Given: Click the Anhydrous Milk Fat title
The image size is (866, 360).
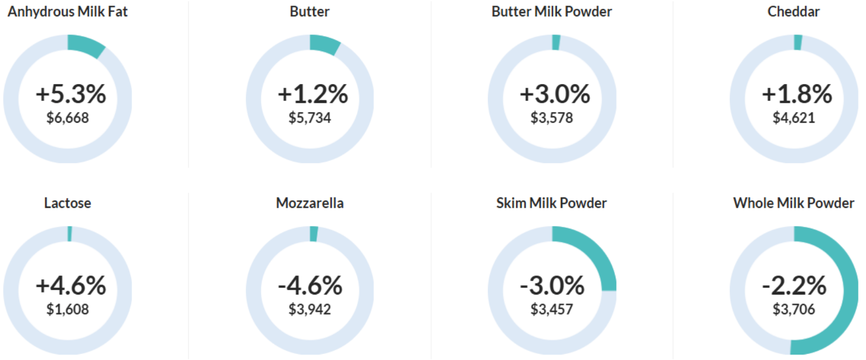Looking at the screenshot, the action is click(x=68, y=12).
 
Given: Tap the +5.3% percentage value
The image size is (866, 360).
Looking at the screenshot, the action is click(x=71, y=94).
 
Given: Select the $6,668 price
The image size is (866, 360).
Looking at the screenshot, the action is click(x=68, y=117).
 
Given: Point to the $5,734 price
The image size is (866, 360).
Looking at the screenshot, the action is click(x=309, y=117).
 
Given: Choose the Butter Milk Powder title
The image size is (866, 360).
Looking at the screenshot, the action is click(x=552, y=11).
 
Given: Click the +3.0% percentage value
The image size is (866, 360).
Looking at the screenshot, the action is click(x=555, y=94).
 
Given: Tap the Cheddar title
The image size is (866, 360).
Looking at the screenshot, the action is click(x=793, y=11).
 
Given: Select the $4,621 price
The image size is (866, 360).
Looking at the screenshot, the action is click(x=794, y=117).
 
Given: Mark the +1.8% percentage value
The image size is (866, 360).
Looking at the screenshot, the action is click(x=797, y=94).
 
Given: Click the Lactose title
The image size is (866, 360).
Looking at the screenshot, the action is click(x=68, y=203).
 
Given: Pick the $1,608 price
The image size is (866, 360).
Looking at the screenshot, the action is click(x=68, y=309).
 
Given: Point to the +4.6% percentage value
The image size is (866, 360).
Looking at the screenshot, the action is click(x=71, y=285).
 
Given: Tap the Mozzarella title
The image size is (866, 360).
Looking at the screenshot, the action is click(x=309, y=203).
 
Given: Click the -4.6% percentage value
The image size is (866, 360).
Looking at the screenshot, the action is click(x=310, y=285).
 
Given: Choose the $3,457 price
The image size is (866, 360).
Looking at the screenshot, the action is click(x=552, y=309).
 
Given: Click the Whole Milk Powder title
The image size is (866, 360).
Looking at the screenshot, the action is click(x=794, y=203).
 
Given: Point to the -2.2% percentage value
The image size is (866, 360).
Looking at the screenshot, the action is click(x=794, y=285).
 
